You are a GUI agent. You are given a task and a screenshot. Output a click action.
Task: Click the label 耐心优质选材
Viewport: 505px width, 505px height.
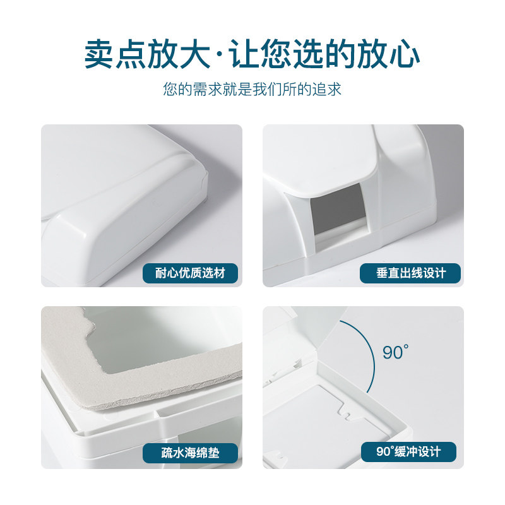(x=190, y=273)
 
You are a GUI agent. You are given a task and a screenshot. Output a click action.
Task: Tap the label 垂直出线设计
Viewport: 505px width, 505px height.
(x=410, y=273)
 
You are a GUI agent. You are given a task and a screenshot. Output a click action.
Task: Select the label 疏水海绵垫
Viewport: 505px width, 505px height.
(x=190, y=453)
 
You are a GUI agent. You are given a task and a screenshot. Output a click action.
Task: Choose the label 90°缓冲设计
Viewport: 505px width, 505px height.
(x=408, y=452)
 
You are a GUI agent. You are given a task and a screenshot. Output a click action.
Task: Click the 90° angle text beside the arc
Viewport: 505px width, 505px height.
(x=396, y=352)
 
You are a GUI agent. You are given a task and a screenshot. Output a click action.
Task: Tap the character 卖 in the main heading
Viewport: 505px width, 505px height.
(x=100, y=54)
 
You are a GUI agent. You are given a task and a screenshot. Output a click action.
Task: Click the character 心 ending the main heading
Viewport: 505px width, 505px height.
(x=404, y=54)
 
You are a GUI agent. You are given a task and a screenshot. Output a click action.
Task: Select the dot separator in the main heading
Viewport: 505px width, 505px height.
(x=220, y=55)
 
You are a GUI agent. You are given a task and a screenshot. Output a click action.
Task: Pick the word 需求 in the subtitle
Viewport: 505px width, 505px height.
(x=208, y=89)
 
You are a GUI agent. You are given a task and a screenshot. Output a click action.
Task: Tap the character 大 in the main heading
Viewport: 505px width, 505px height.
(x=195, y=54)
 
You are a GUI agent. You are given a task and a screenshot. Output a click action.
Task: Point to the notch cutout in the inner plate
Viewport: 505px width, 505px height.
(x=346, y=412)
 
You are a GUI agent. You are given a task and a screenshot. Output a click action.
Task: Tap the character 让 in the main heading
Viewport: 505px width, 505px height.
(x=244, y=54)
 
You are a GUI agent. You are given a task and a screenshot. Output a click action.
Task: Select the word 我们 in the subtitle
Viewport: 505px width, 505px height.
(x=267, y=89)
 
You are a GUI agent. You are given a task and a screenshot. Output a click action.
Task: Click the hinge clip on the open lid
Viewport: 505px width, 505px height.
(x=296, y=364)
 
